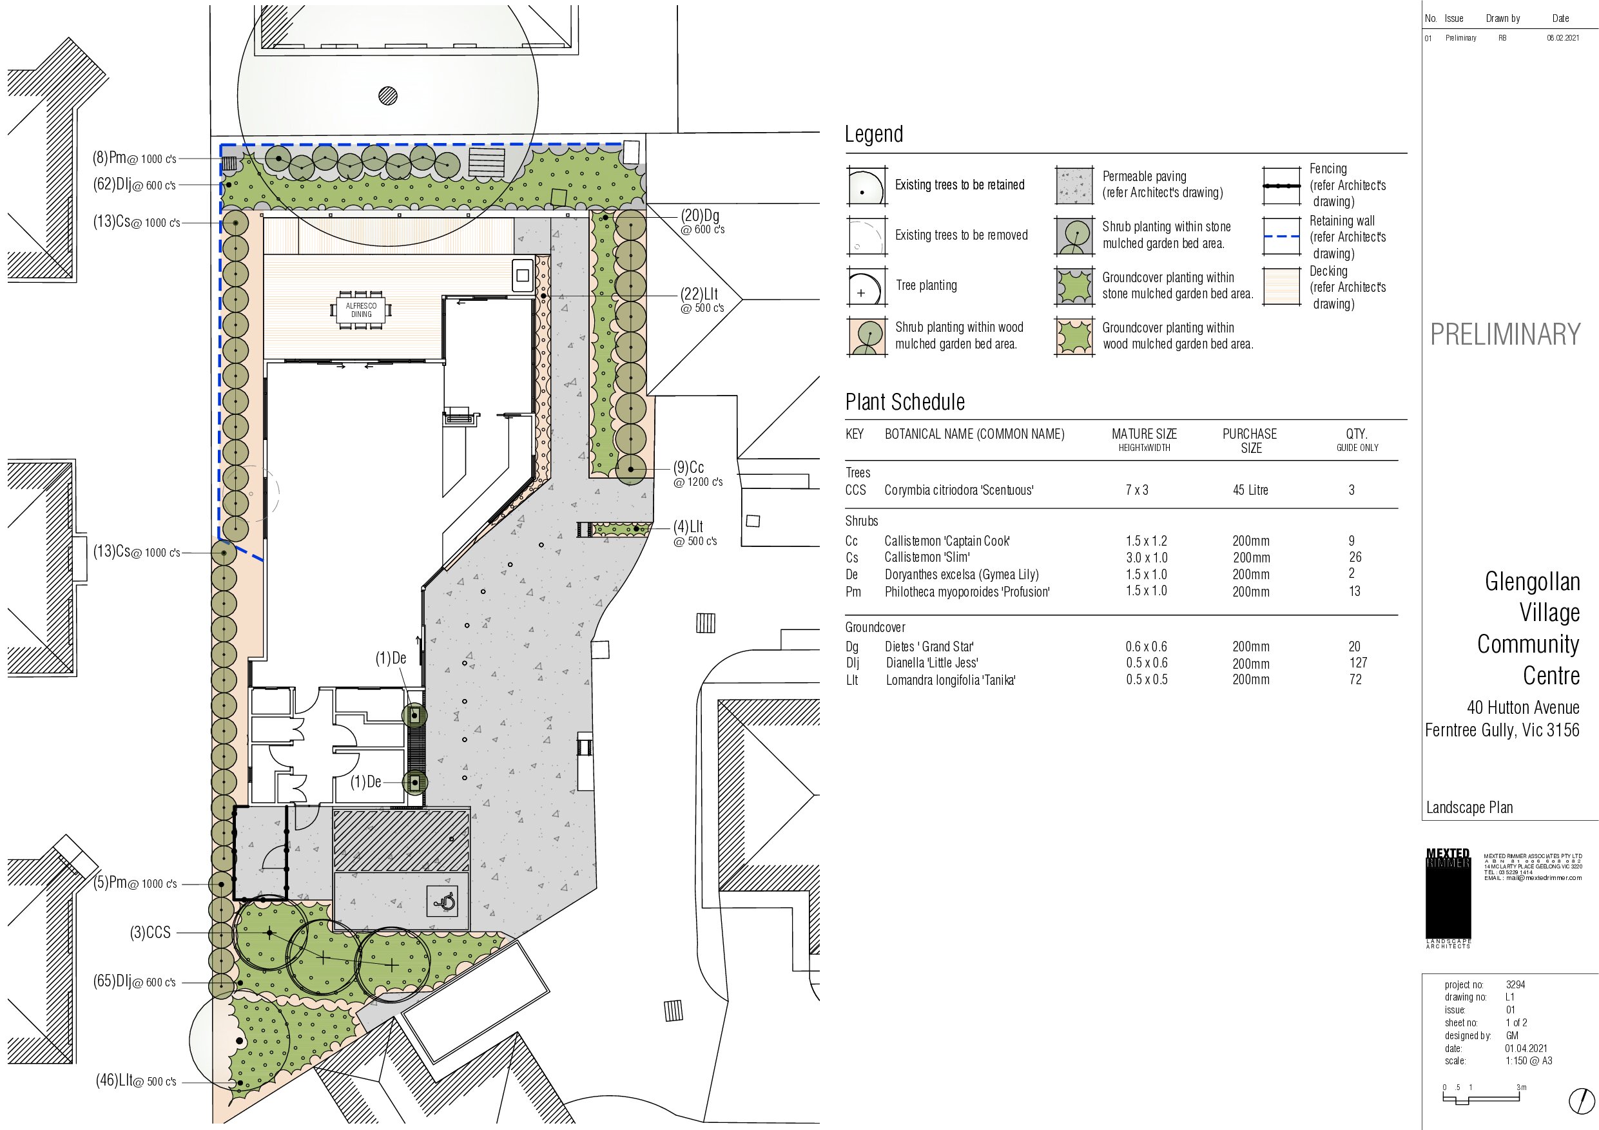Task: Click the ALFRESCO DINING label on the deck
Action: tap(361, 310)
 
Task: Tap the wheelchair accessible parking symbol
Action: tap(443, 903)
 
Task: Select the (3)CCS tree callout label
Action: tap(150, 933)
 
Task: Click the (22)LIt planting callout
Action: tap(702, 300)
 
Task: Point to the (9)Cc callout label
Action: tap(698, 474)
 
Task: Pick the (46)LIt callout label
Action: tap(136, 1081)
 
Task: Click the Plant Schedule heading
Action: tap(905, 402)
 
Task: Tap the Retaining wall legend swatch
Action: tap(1281, 236)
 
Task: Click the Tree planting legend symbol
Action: tap(867, 286)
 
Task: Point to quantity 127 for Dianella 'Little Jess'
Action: tap(1358, 663)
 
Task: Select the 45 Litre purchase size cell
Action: tap(1250, 490)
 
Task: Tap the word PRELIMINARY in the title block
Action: tap(1505, 335)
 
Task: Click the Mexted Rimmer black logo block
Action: tap(1449, 894)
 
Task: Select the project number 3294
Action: tap(1515, 984)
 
